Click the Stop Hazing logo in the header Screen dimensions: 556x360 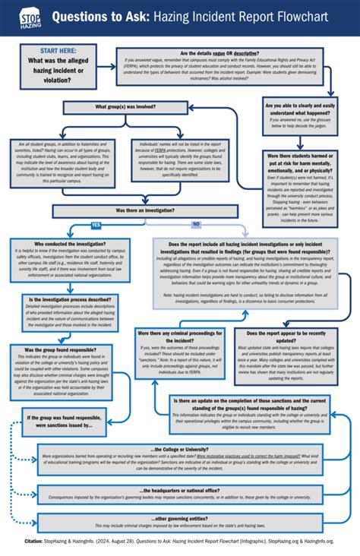click(27, 17)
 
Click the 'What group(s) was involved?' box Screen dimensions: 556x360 click(127, 107)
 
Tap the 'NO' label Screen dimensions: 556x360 click(196, 225)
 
